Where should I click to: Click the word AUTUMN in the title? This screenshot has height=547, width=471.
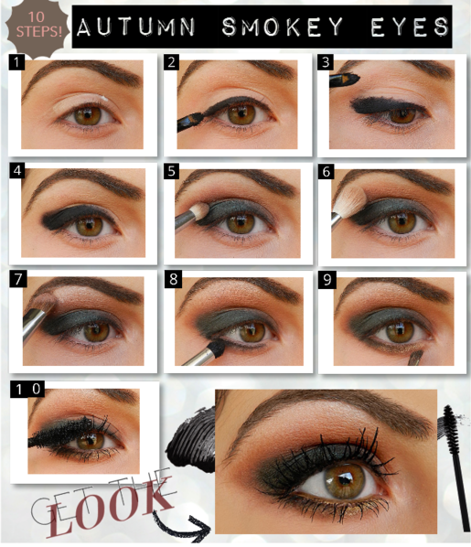point(136,27)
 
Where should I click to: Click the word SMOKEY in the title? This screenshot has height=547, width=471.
point(283,27)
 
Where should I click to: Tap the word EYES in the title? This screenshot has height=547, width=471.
point(410,27)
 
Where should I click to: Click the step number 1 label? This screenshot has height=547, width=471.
point(16,62)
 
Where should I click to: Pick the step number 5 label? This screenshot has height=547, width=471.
point(172,171)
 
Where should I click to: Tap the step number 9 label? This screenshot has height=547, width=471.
point(326,280)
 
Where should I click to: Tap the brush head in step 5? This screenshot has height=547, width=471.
point(199,211)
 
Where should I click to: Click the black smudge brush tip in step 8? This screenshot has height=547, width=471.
point(217,349)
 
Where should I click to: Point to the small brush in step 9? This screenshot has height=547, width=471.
point(415,358)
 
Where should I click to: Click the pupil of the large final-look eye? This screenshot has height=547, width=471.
point(344,480)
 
